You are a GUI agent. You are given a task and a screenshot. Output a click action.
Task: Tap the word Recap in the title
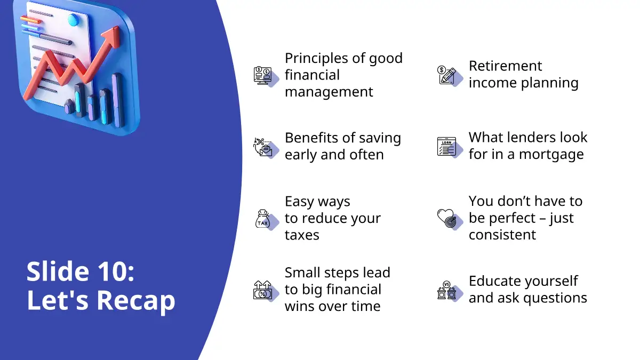[x=136, y=301]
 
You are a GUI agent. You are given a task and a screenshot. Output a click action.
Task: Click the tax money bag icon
[x=263, y=219]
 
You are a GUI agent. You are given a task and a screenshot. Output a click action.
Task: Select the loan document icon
[x=446, y=147]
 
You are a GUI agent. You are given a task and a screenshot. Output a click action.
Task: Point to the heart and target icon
[x=447, y=218]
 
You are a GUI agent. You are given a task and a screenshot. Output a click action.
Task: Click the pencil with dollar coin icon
[x=446, y=75]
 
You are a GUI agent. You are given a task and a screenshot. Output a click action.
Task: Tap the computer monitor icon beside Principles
[x=262, y=75]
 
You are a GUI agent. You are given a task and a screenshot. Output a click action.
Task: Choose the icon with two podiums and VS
[x=446, y=290]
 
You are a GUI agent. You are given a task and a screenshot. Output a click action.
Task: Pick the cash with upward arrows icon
[x=262, y=290]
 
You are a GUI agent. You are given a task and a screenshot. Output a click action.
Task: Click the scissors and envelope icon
[x=262, y=147]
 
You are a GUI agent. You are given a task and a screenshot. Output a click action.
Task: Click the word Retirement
[x=505, y=66]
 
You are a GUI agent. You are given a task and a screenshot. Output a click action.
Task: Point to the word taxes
[x=302, y=235]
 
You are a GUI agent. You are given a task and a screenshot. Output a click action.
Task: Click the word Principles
[x=316, y=59]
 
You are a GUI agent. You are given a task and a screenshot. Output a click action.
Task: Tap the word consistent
[x=502, y=235]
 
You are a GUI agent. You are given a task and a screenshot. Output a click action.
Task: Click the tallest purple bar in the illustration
[x=118, y=100]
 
